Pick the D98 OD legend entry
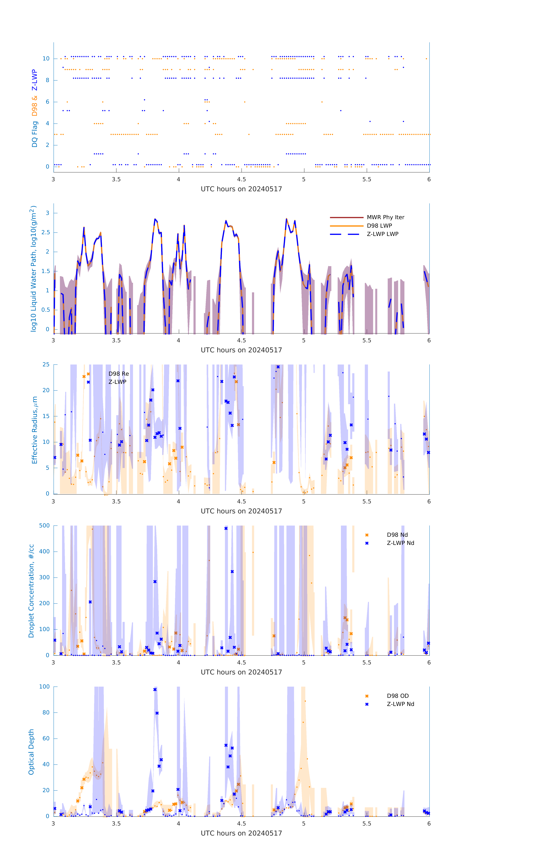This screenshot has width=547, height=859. tap(398, 696)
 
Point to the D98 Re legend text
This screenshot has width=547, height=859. tap(119, 374)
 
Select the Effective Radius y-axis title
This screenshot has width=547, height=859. tap(35, 430)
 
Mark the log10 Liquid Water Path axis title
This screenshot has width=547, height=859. tap(33, 269)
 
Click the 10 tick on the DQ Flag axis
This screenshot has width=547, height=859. tap(46, 59)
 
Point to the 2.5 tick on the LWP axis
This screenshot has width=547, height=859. tap(45, 232)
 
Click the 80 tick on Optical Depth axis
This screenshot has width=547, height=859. tap(46, 712)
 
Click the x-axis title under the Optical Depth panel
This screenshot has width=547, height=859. tap(241, 833)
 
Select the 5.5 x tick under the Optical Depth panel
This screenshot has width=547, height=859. tap(367, 823)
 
